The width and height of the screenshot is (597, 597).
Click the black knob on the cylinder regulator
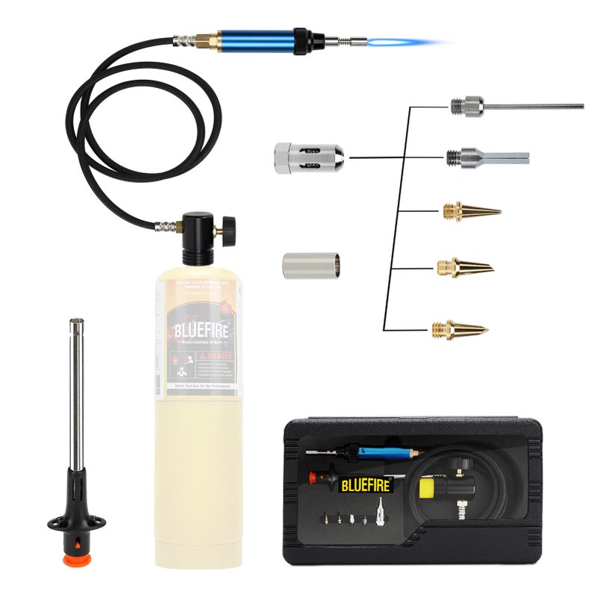click(x=228, y=225)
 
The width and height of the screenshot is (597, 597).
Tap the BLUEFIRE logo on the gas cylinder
click(x=198, y=331)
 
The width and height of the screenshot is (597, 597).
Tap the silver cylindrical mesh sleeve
click(x=311, y=265)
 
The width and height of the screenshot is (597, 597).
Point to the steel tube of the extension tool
click(x=76, y=396)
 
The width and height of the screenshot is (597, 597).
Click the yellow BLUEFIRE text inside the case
click(x=366, y=485)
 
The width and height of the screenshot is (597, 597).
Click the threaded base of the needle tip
click(x=457, y=107)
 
